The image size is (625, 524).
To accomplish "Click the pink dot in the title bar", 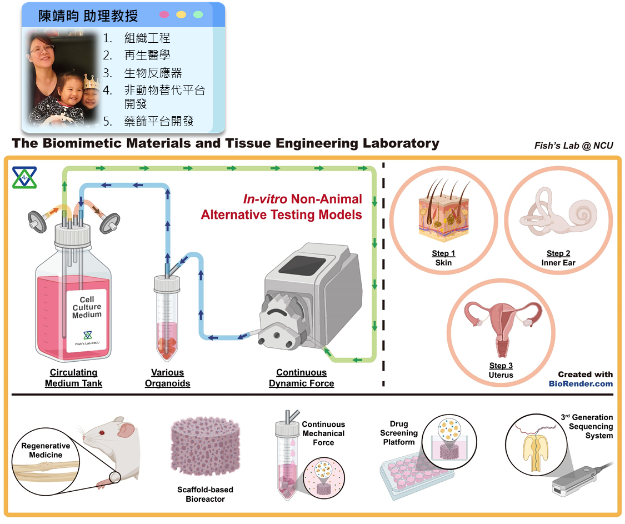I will click(164, 14).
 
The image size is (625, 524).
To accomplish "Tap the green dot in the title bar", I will click(198, 14).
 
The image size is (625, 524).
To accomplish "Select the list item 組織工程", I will click(147, 38).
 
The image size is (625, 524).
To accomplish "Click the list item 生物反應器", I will click(153, 73).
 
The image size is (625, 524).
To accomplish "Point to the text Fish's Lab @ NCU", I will click(574, 146).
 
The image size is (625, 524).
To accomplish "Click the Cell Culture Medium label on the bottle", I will click(87, 307).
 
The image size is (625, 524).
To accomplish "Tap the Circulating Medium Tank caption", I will click(73, 378).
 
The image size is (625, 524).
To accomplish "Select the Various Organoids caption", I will click(167, 378).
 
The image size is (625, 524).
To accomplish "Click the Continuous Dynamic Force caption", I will click(301, 378).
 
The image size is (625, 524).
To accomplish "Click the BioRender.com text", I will click(581, 383).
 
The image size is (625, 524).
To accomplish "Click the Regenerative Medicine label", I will click(46, 450).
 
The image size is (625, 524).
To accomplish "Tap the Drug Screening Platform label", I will click(399, 433).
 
